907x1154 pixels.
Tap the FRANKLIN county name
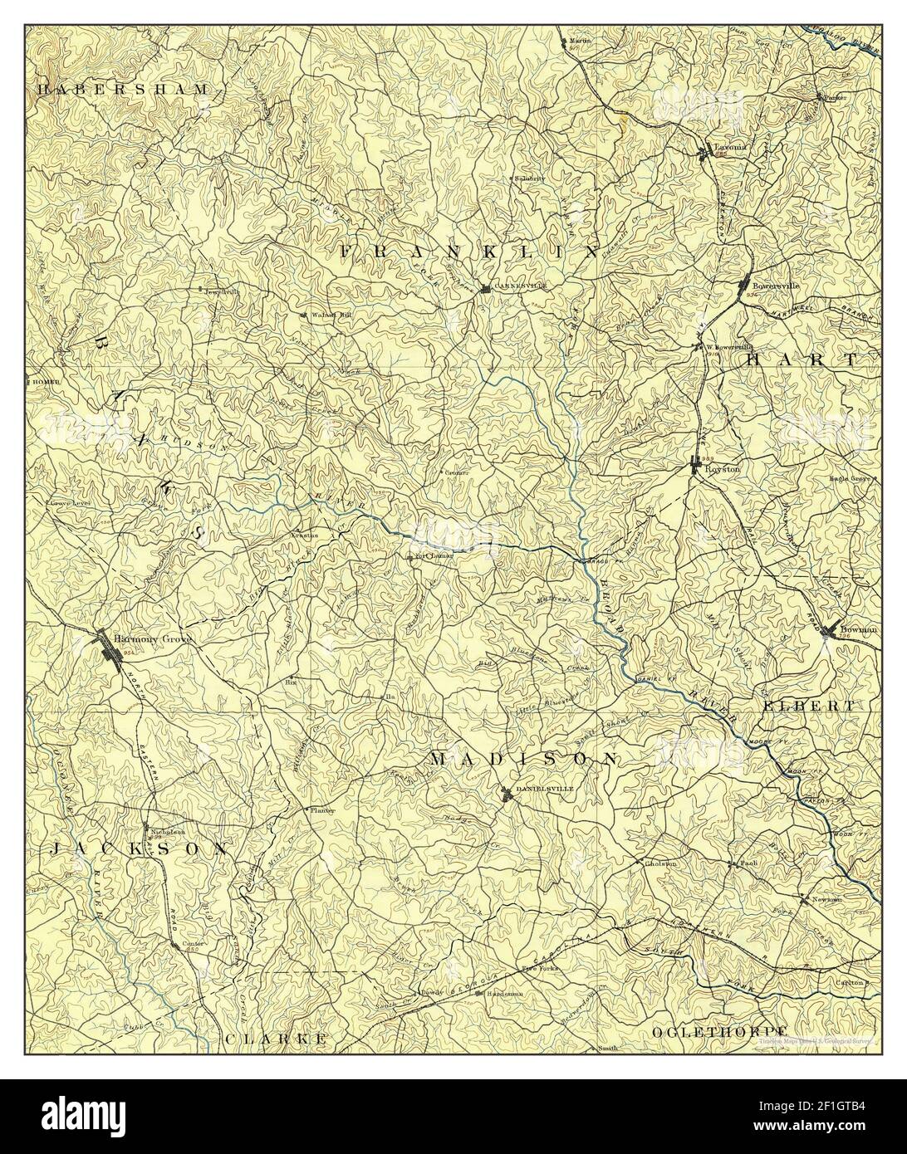[x=468, y=251]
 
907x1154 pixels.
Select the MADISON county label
[x=525, y=759]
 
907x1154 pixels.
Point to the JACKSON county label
[x=138, y=849]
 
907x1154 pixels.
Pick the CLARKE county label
[x=273, y=1039]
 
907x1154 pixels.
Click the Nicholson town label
[x=167, y=831]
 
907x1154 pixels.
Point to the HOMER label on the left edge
[x=44, y=382]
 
